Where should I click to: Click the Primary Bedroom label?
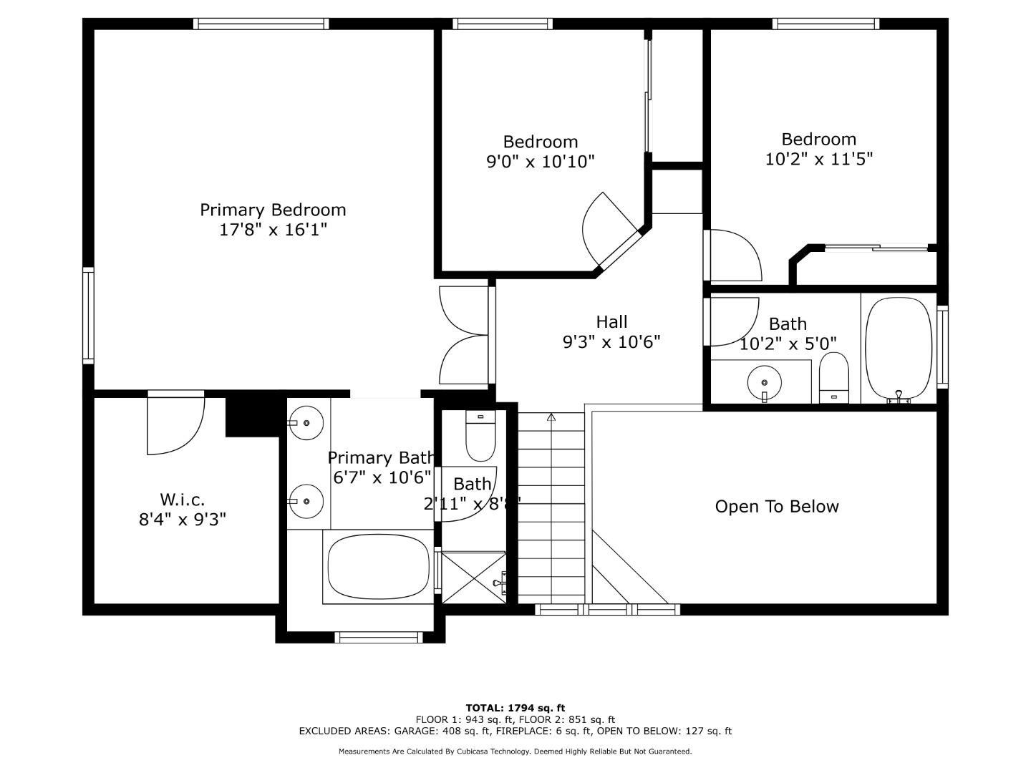coord(272,210)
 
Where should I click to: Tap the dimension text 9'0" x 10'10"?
coord(541,162)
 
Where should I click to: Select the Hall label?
coord(611,322)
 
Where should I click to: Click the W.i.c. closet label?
coord(182,499)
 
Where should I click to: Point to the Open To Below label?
coord(777,507)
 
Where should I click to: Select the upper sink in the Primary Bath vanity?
coord(307,423)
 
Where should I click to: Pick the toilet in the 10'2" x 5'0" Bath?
coord(833,378)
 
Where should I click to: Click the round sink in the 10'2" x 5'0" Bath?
coord(764,381)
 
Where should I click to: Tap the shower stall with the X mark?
coord(473,576)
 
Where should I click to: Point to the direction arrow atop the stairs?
coord(551,417)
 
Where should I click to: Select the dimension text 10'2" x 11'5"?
coord(818,159)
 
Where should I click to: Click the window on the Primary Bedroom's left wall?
coord(88,314)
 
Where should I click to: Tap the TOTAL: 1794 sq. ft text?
coord(515,708)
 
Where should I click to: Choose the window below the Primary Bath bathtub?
coord(379,637)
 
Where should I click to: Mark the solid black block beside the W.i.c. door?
coord(252,416)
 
